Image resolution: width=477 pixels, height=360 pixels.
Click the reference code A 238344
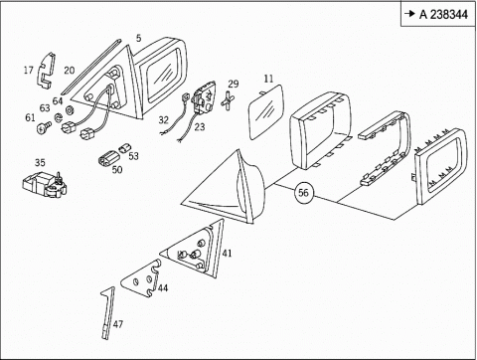[x=443, y=14]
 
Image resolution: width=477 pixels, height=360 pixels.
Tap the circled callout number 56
[x=303, y=193]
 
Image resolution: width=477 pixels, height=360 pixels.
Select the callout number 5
[x=138, y=38]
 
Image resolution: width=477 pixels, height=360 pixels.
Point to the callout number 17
[x=29, y=70]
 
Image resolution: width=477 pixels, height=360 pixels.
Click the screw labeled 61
[x=43, y=127]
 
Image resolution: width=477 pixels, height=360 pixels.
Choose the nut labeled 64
[x=70, y=109]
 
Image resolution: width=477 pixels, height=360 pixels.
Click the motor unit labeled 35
[x=45, y=185]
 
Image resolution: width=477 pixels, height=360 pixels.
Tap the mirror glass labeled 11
[x=266, y=111]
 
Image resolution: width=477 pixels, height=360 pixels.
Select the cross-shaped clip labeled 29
[x=228, y=100]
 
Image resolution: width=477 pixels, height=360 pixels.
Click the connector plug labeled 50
[x=109, y=157]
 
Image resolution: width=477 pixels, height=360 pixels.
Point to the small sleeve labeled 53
[x=125, y=148]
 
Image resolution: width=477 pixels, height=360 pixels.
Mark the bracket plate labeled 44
[x=141, y=278]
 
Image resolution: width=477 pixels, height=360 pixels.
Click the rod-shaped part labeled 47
[x=108, y=312]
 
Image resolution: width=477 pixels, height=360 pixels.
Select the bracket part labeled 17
[x=46, y=71]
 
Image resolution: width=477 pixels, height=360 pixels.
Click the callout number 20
[x=70, y=71]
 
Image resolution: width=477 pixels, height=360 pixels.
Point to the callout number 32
[x=164, y=119]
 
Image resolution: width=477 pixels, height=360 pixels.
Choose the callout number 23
[x=200, y=126]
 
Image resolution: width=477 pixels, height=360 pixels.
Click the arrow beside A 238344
[x=410, y=14]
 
